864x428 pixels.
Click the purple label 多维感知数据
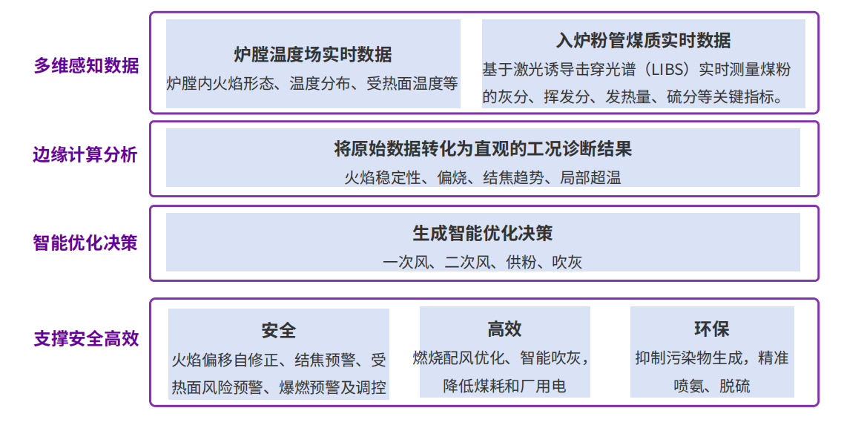[87, 65]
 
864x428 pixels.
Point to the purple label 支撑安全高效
[87, 338]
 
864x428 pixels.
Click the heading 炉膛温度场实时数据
[313, 55]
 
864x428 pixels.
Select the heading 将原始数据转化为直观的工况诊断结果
[483, 149]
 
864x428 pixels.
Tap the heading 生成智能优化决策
[483, 233]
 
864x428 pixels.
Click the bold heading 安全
[278, 331]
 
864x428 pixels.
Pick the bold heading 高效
[504, 329]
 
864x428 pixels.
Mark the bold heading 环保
[712, 329]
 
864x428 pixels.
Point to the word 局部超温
[590, 178]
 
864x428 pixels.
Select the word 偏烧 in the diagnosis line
[452, 178]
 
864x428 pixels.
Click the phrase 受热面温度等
[412, 84]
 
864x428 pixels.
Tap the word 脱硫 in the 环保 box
[734, 386]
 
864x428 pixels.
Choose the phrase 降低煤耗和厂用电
[504, 386]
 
